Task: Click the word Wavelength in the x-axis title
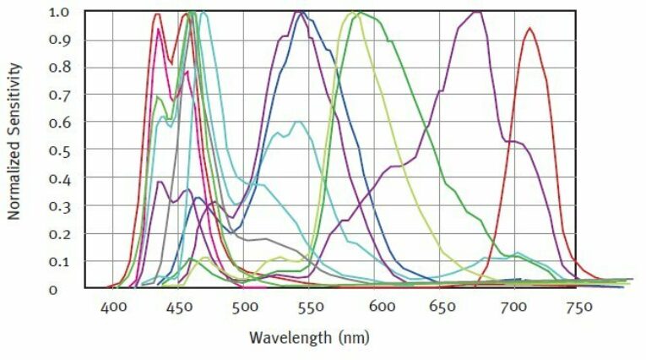tap(285, 337)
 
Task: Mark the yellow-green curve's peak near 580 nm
tap(351, 12)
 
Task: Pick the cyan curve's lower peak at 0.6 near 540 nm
tap(297, 122)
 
